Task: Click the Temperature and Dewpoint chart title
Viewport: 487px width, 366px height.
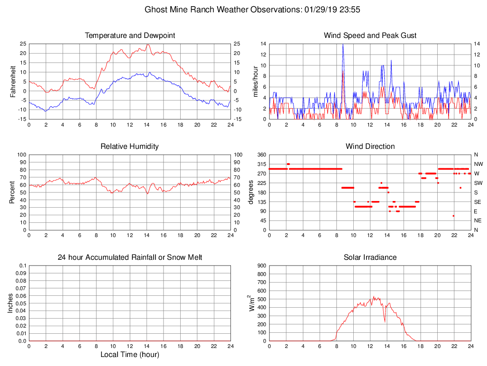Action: pos(130,36)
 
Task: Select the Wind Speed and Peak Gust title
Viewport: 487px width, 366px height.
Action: pos(370,36)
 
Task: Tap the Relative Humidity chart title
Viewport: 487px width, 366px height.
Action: pos(130,146)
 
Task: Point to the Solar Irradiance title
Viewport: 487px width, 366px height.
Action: pos(370,257)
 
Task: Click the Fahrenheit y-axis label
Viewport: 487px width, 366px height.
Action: pos(13,81)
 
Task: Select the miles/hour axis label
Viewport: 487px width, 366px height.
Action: pos(255,81)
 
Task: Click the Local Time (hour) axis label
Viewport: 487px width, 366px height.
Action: pos(130,355)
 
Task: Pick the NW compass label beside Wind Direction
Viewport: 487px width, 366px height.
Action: pos(478,164)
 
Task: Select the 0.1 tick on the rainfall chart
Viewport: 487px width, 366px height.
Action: pos(22,266)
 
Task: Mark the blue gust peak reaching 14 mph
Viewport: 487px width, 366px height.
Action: pos(343,44)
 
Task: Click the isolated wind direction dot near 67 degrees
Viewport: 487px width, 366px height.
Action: pos(453,216)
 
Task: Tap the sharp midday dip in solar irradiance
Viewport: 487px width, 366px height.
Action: pos(385,322)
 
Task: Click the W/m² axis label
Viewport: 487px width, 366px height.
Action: pos(251,303)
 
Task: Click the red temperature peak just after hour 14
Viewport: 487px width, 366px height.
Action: pos(148,45)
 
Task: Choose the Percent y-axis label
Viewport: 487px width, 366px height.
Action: pos(12,192)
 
